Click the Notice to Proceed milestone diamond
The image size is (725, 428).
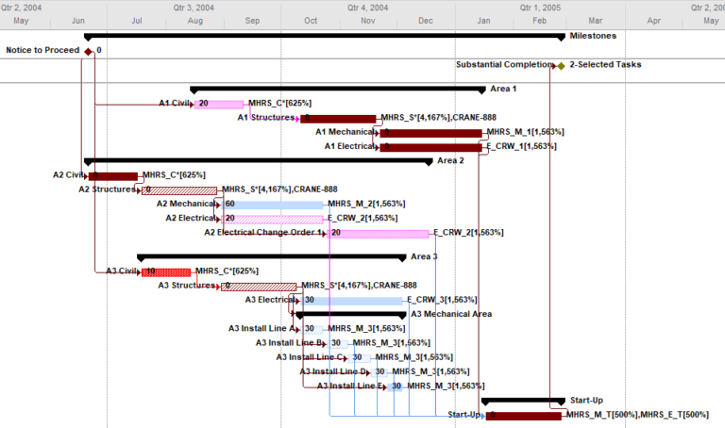(89, 51)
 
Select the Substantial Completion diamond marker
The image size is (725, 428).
(561, 66)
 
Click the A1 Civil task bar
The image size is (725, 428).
(219, 104)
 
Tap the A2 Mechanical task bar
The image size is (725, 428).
(275, 205)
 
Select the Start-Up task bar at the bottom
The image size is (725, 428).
(523, 416)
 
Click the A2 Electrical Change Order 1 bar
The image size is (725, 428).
(378, 233)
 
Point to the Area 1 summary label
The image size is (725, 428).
(503, 89)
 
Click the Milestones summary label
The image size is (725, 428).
(593, 36)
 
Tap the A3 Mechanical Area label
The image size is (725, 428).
(451, 314)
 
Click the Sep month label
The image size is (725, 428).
(252, 20)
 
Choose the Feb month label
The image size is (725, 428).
(541, 20)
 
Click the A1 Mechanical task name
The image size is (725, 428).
(345, 132)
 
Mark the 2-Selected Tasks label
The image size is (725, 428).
(605, 65)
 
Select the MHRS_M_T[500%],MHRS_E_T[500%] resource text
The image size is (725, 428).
(637, 415)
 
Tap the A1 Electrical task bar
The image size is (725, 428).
(430, 147)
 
